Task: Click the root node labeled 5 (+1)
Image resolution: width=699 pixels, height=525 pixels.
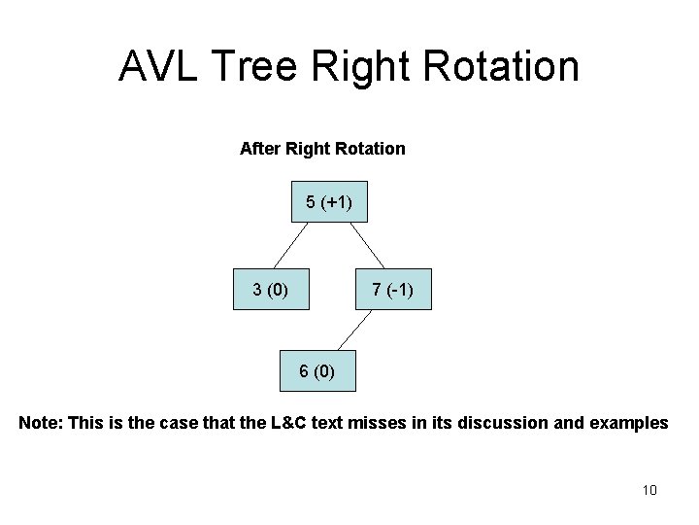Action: [329, 203]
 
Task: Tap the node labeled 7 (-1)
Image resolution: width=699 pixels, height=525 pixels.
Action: [393, 289]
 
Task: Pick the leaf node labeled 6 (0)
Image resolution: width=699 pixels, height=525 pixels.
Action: [317, 370]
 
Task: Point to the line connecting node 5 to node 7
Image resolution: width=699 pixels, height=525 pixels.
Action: [369, 246]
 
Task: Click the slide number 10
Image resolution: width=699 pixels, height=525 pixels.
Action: [649, 489]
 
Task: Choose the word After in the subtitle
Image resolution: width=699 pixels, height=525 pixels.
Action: [260, 150]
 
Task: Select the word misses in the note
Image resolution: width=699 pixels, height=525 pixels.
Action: [355, 424]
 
